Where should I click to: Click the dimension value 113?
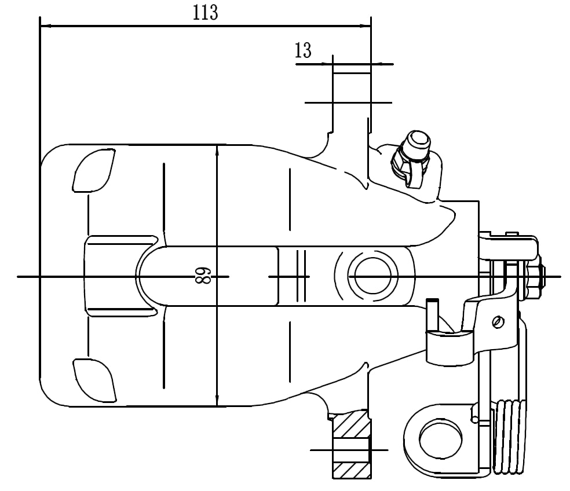[206, 13]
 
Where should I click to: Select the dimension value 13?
[303, 51]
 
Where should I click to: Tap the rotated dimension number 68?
[201, 276]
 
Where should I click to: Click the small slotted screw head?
[496, 321]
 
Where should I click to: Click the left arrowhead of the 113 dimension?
[44, 26]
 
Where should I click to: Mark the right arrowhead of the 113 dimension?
[366, 26]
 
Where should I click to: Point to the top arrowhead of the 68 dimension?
[217, 149]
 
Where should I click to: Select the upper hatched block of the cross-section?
[351, 425]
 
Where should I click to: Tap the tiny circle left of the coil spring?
[475, 420]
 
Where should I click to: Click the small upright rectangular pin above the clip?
[432, 314]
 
